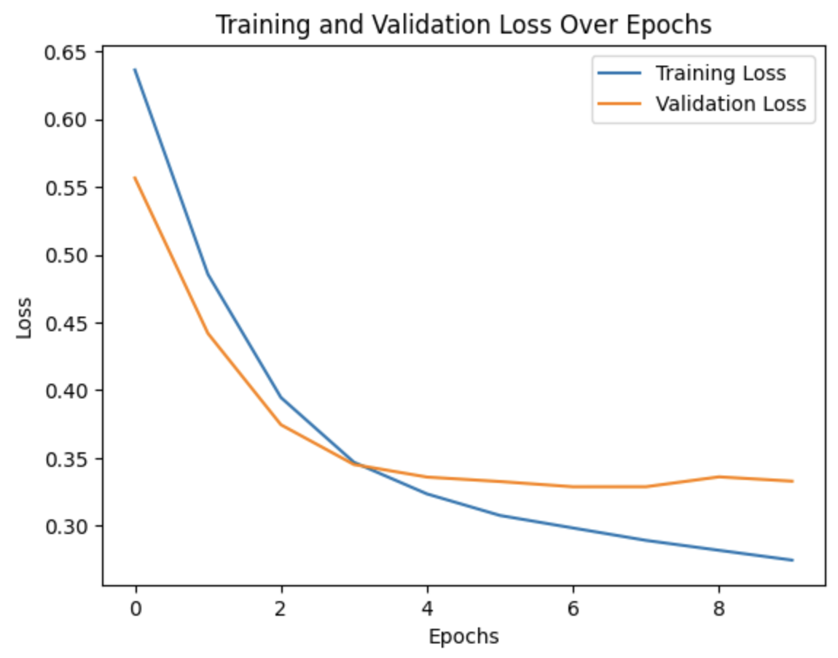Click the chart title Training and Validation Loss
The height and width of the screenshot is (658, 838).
pyautogui.click(x=463, y=24)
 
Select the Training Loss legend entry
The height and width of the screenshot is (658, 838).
pyautogui.click(x=719, y=74)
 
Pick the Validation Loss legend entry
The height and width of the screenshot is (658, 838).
pyautogui.click(x=730, y=104)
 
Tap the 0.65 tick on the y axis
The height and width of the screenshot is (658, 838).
pyautogui.click(x=65, y=53)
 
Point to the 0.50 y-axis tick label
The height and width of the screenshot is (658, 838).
pyautogui.click(x=65, y=255)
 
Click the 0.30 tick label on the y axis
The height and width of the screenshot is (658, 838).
pyautogui.click(x=65, y=526)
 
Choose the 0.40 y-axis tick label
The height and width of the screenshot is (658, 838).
pyautogui.click(x=65, y=391)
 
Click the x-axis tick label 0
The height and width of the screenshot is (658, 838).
pyautogui.click(x=136, y=610)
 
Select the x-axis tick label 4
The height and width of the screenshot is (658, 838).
pyautogui.click(x=428, y=610)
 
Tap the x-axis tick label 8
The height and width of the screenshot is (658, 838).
pyautogui.click(x=719, y=610)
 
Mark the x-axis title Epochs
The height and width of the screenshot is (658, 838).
pyautogui.click(x=463, y=637)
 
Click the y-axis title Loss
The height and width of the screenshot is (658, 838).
pyautogui.click(x=24, y=317)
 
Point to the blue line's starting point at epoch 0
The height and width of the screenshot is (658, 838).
pyautogui.click(x=136, y=69)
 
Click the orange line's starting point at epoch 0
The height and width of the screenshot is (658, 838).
pyautogui.click(x=136, y=177)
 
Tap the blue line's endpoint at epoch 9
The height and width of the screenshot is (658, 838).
pyautogui.click(x=792, y=560)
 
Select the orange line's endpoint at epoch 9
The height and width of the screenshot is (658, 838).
pyautogui.click(x=792, y=481)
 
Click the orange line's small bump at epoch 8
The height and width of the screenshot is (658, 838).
pyautogui.click(x=719, y=476)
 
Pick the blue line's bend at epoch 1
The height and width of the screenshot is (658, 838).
pyautogui.click(x=208, y=274)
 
